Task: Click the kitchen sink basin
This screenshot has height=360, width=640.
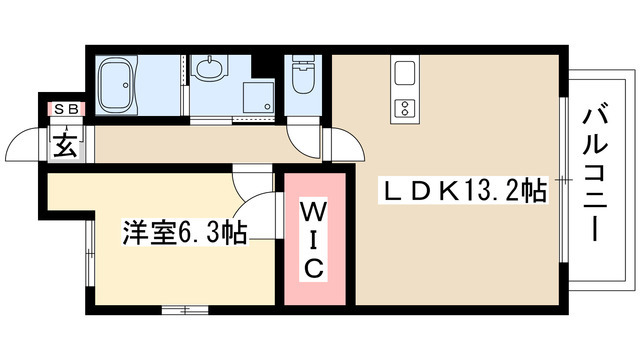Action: point(405,74)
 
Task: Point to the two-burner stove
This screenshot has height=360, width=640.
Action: point(405,107)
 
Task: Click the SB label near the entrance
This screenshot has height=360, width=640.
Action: point(65,107)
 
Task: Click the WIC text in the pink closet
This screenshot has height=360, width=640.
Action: point(313,239)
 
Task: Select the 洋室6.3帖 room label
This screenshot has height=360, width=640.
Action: point(186,234)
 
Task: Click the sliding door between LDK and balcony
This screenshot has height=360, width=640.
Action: point(565,180)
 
